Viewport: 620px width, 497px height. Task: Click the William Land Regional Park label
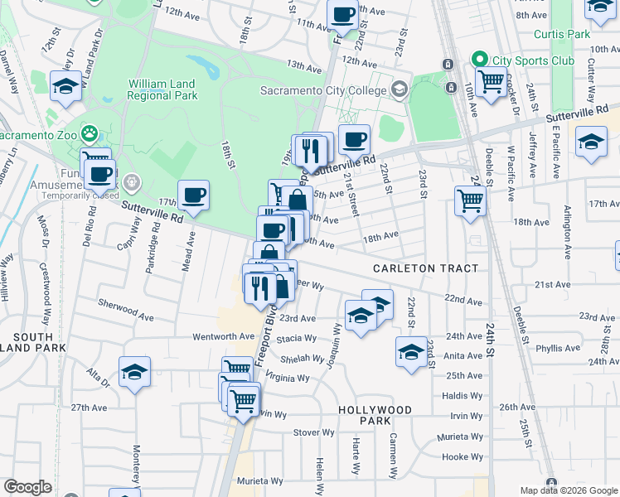tap(162, 89)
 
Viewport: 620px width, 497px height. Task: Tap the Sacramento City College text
tap(323, 90)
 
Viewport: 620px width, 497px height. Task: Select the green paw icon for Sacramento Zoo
tap(90, 134)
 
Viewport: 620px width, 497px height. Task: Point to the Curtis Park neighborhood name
tap(561, 34)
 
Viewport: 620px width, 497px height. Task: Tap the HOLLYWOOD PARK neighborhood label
tap(375, 415)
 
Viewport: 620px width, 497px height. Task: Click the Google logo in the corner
tap(27, 487)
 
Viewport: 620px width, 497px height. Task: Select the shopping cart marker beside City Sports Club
tap(492, 83)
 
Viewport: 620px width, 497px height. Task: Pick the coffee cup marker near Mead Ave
tap(193, 196)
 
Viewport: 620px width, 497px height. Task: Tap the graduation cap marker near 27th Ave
tap(134, 372)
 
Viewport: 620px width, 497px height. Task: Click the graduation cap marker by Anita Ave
tap(411, 352)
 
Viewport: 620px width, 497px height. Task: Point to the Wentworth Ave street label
tap(223, 336)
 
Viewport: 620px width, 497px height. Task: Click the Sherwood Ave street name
tap(125, 311)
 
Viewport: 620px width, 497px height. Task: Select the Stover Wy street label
tap(313, 432)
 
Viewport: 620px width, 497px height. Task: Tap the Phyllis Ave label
tap(559, 349)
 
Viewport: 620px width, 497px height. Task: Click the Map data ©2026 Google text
tap(569, 490)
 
